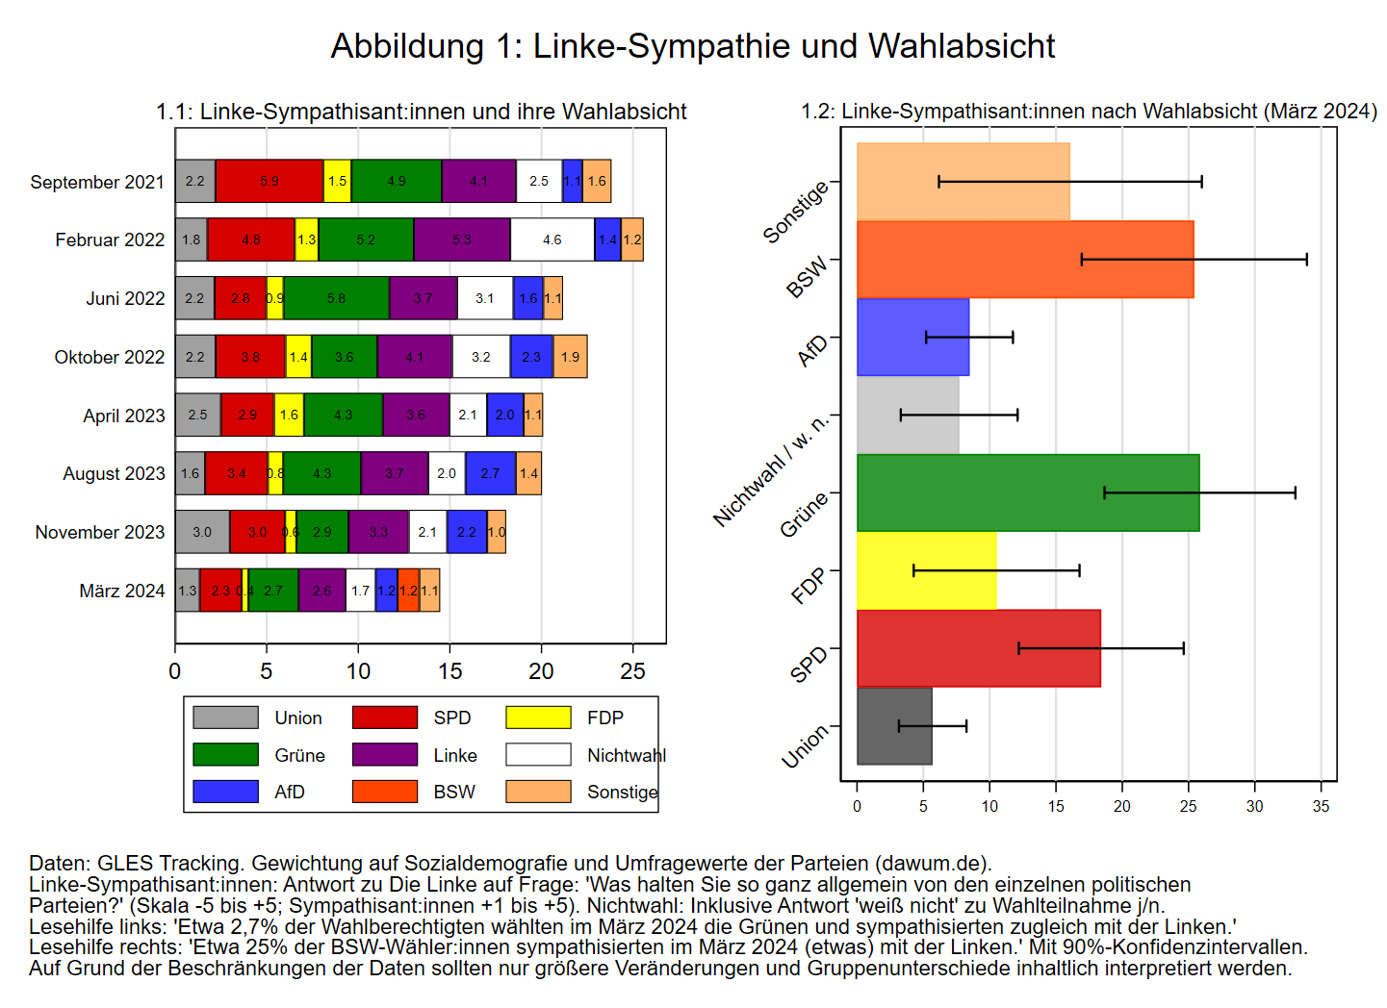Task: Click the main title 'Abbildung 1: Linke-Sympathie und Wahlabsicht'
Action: point(693,46)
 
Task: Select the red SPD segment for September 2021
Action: point(270,181)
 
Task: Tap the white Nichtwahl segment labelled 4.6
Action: point(552,239)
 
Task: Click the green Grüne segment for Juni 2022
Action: point(336,298)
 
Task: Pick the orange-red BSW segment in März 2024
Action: point(408,591)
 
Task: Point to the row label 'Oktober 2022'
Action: point(110,357)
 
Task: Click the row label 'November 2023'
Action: point(100,532)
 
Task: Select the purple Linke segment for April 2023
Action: point(416,415)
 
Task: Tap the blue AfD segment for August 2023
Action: point(490,473)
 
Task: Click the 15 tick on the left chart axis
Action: point(449,671)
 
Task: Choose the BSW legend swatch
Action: point(385,792)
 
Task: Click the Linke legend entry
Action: point(454,755)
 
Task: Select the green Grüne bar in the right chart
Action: point(1028,492)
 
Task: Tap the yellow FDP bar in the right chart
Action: point(926,570)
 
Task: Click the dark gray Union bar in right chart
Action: point(894,726)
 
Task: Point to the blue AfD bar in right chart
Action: point(912,337)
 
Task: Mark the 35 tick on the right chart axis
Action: point(1321,806)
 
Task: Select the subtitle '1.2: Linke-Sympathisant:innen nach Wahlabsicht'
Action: point(1088,112)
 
